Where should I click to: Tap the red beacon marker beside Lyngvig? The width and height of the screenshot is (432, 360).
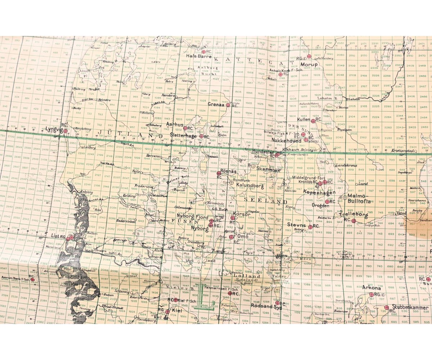coord(65,131)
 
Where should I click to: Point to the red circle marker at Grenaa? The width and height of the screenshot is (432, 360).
coord(228,105)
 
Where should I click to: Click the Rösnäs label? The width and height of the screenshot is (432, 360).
coord(228,172)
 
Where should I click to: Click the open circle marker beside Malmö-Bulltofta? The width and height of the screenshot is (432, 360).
coord(345,197)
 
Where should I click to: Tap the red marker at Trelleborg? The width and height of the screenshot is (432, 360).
coord(354,221)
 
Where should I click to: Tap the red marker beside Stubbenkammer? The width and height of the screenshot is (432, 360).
coord(386,308)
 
